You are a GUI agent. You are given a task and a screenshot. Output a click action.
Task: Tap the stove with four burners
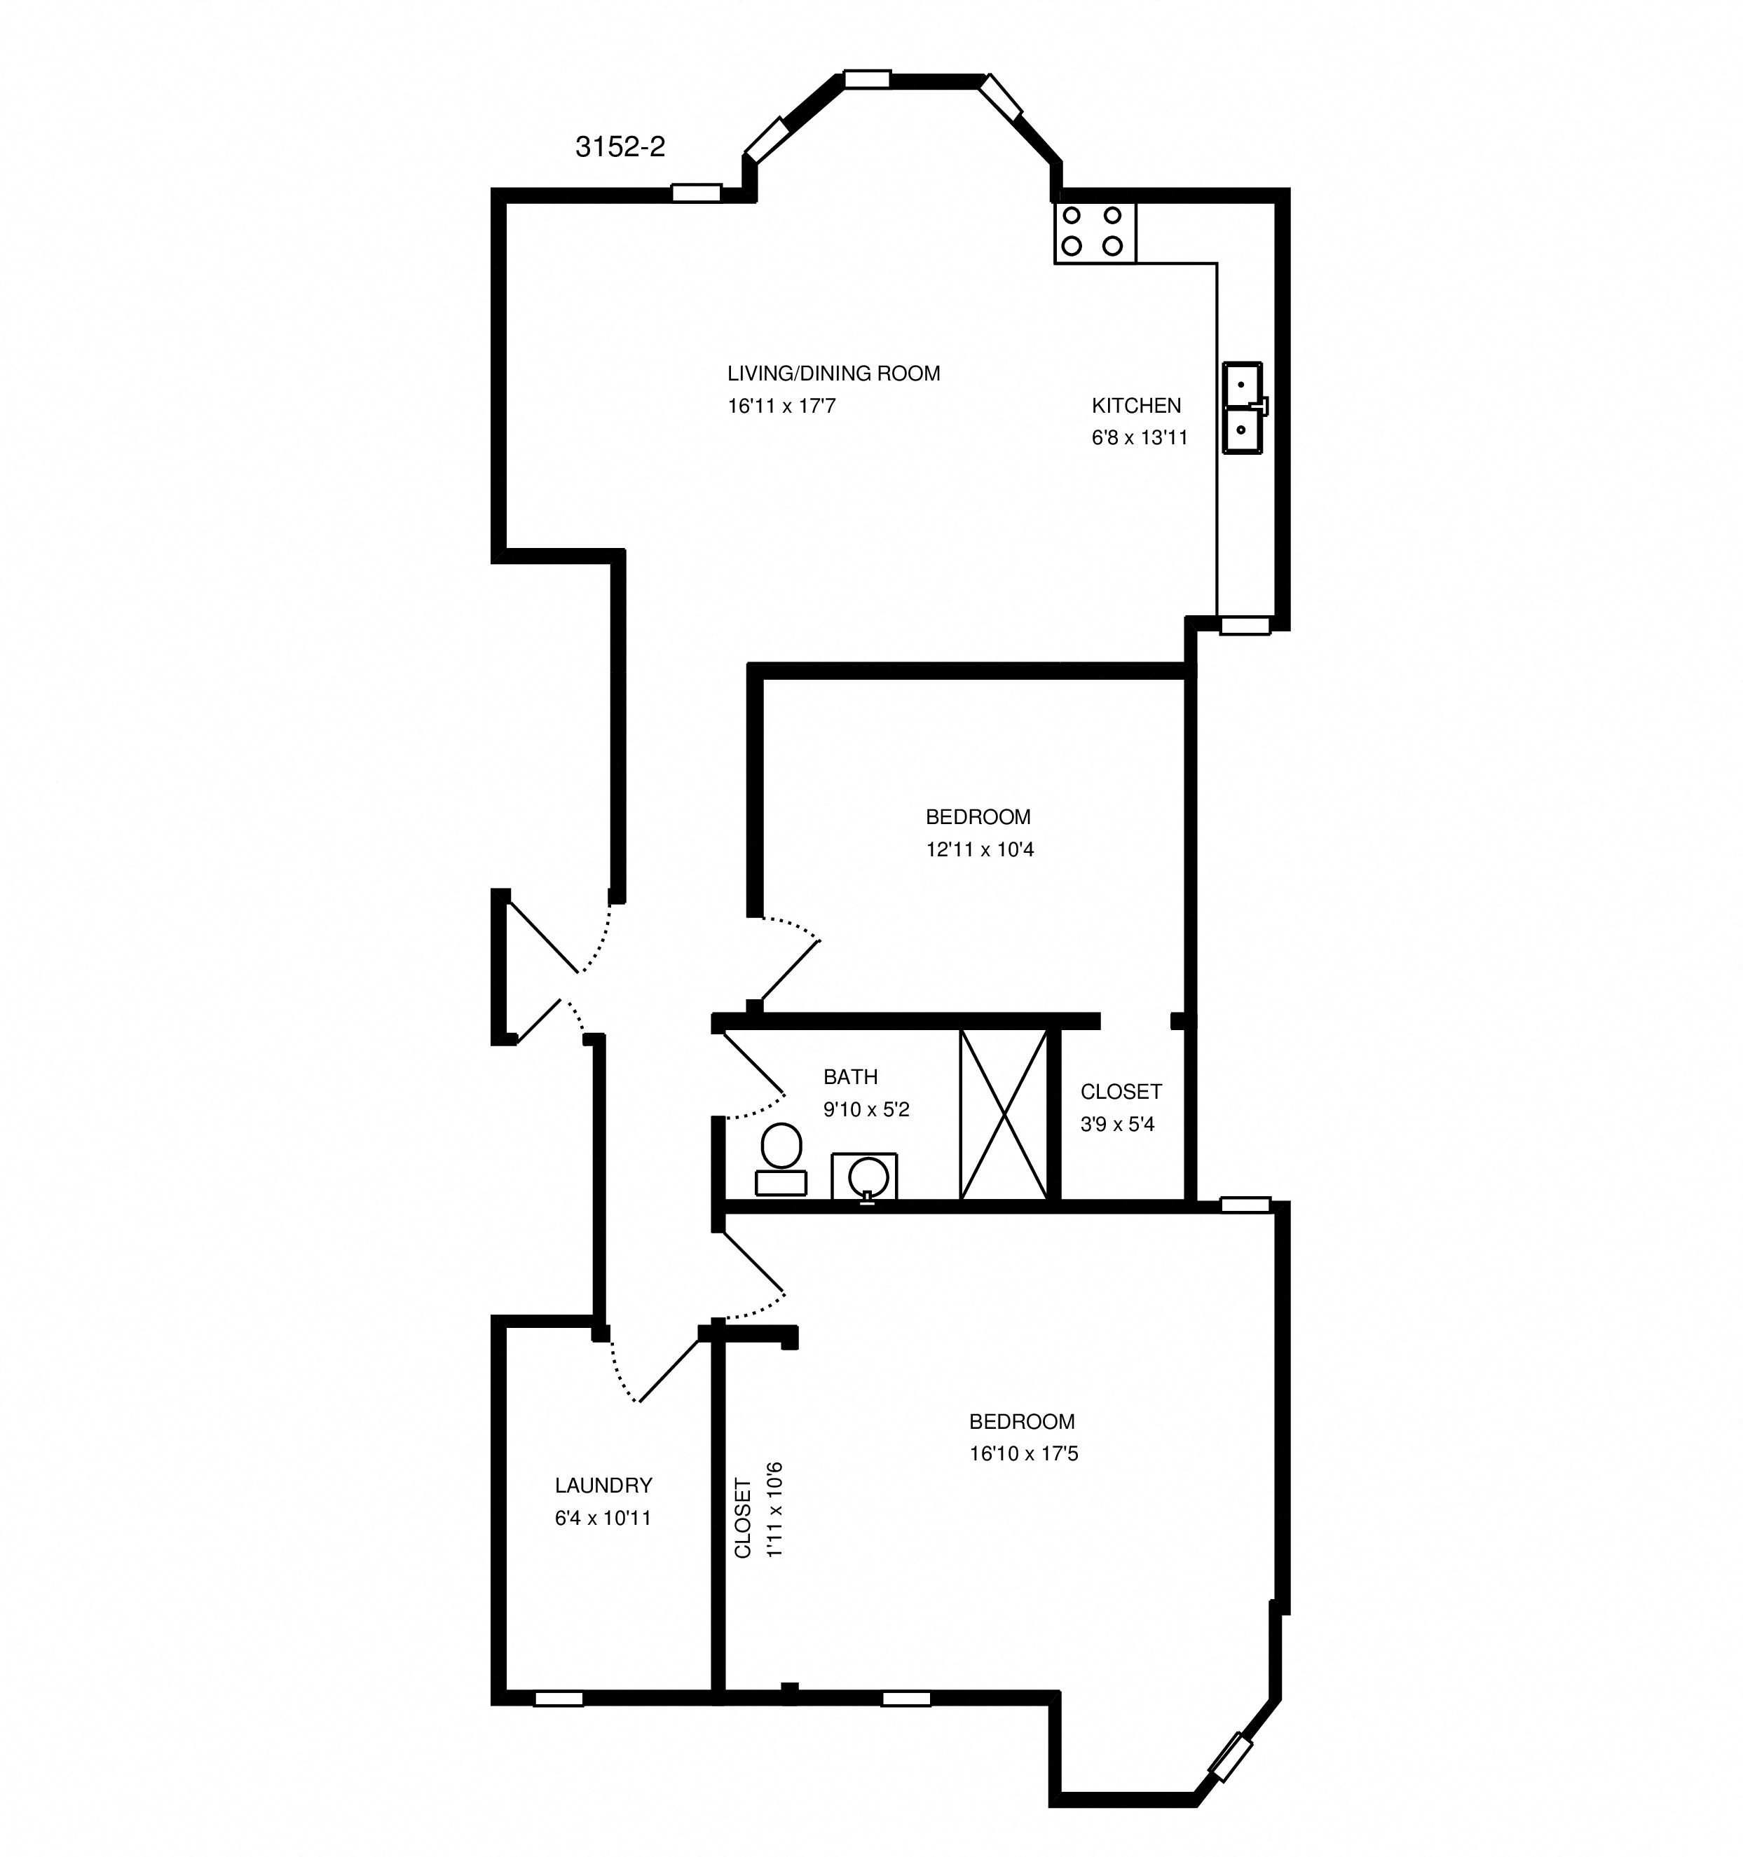coord(1095,233)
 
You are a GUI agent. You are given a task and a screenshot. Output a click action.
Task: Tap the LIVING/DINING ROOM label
coord(833,374)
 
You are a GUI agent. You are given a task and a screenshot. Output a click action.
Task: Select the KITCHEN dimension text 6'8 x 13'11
coord(1139,438)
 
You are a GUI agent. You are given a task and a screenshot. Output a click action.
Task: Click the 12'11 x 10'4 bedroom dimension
coord(979,849)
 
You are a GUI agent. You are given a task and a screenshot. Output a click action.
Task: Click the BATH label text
coord(850,1077)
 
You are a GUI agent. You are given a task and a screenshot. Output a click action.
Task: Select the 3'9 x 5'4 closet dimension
coord(1117,1125)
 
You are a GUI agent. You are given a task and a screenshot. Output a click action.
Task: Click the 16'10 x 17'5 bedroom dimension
coord(1024,1453)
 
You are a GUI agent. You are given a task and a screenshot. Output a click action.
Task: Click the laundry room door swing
coord(654,1369)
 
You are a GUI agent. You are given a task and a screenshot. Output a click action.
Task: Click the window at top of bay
coord(867,79)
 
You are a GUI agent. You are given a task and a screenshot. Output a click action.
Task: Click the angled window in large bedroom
coord(1230,1756)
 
